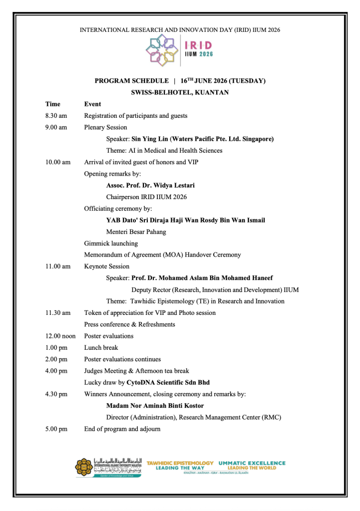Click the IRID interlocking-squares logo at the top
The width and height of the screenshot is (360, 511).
[162, 51]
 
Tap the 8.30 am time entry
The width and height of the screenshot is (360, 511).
[56, 116]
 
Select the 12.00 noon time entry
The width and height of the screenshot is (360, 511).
[60, 336]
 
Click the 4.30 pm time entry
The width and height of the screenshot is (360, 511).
[56, 394]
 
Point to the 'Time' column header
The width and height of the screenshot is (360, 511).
[52, 104]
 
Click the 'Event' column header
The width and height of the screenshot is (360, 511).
[92, 104]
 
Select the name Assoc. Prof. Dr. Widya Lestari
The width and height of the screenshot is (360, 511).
[150, 185]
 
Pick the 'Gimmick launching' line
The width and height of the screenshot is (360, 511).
[111, 244]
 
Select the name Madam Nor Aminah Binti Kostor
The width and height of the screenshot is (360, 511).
[155, 406]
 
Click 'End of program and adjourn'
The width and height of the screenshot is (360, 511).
[122, 429]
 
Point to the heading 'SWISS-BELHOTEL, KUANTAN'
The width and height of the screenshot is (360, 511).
[180, 92]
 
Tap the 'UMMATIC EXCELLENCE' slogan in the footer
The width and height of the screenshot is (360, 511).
[252, 463]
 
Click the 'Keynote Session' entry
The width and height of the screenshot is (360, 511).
[106, 266]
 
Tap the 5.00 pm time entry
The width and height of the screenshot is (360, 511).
[56, 429]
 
